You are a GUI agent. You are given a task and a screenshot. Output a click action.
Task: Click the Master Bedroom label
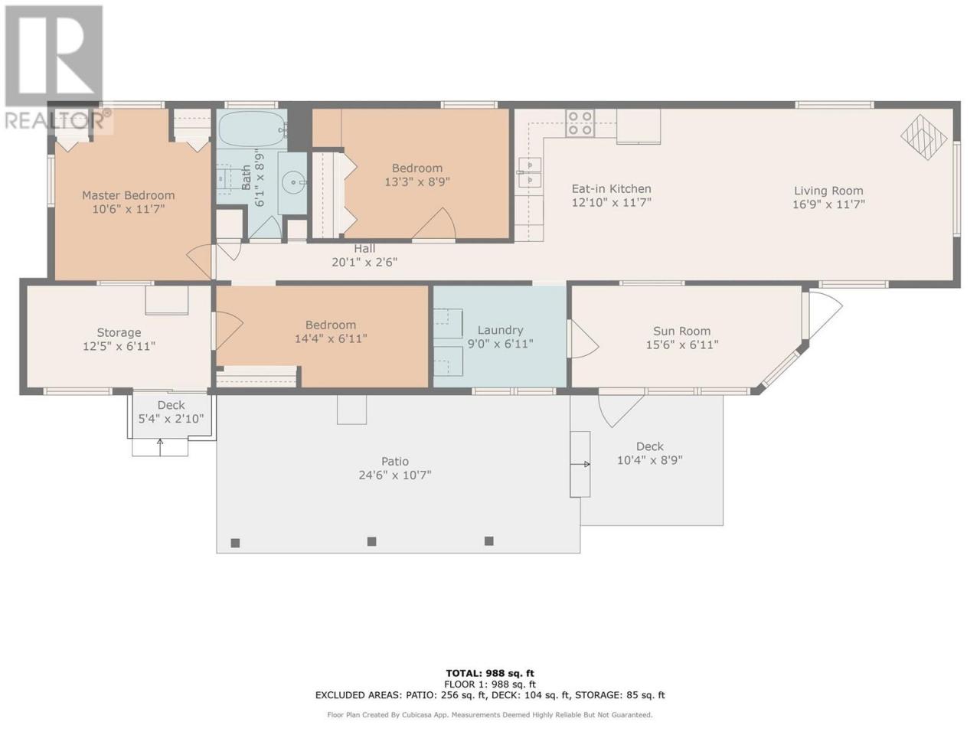128,195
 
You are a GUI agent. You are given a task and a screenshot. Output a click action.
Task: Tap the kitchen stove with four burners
580,123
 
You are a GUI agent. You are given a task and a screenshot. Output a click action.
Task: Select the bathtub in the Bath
252,129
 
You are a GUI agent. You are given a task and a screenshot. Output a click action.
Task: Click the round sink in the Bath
293,182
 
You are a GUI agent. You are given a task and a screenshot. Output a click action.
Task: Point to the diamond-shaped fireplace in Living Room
923,138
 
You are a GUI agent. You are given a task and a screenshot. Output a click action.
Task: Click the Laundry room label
500,330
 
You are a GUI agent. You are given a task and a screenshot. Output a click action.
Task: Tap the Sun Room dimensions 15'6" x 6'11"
681,345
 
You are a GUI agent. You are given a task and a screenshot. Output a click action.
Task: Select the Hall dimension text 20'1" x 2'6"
364,263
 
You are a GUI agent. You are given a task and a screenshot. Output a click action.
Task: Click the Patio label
394,461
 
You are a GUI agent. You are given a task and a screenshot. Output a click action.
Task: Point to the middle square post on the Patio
371,541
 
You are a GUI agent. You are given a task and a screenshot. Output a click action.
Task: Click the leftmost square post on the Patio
235,543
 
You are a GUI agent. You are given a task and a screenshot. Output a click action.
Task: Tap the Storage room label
119,332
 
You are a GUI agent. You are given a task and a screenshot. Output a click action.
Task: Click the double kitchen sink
530,171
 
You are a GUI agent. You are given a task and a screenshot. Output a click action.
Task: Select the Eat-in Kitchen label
611,189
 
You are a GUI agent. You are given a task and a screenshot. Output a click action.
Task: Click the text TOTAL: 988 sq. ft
490,674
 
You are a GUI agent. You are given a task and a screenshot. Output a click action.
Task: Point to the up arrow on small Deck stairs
160,447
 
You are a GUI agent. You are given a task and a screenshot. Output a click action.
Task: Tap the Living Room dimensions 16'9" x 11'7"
828,204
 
